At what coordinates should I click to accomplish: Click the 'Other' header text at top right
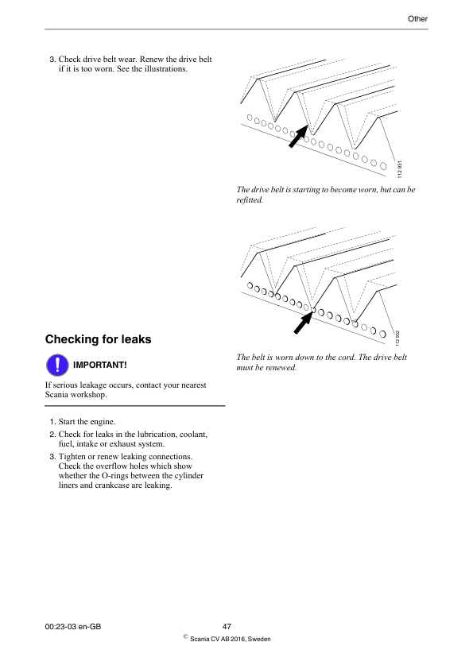(x=417, y=18)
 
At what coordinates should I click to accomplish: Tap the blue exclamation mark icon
(x=57, y=365)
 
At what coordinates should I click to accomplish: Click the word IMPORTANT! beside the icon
(x=100, y=365)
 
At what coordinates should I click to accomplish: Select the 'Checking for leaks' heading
(x=99, y=339)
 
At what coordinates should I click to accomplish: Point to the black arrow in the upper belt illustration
(x=298, y=136)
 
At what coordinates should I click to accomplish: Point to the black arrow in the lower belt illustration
(x=304, y=323)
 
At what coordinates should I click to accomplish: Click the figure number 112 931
(x=400, y=169)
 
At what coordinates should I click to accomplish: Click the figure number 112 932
(x=397, y=338)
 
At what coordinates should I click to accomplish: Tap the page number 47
(x=227, y=626)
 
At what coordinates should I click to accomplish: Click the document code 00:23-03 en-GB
(x=73, y=626)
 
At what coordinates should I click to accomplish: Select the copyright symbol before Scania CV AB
(x=185, y=636)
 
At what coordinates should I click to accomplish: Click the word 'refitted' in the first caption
(x=249, y=200)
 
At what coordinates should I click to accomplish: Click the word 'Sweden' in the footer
(x=259, y=639)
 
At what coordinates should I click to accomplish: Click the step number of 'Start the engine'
(x=52, y=422)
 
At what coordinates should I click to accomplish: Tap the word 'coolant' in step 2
(x=193, y=435)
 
